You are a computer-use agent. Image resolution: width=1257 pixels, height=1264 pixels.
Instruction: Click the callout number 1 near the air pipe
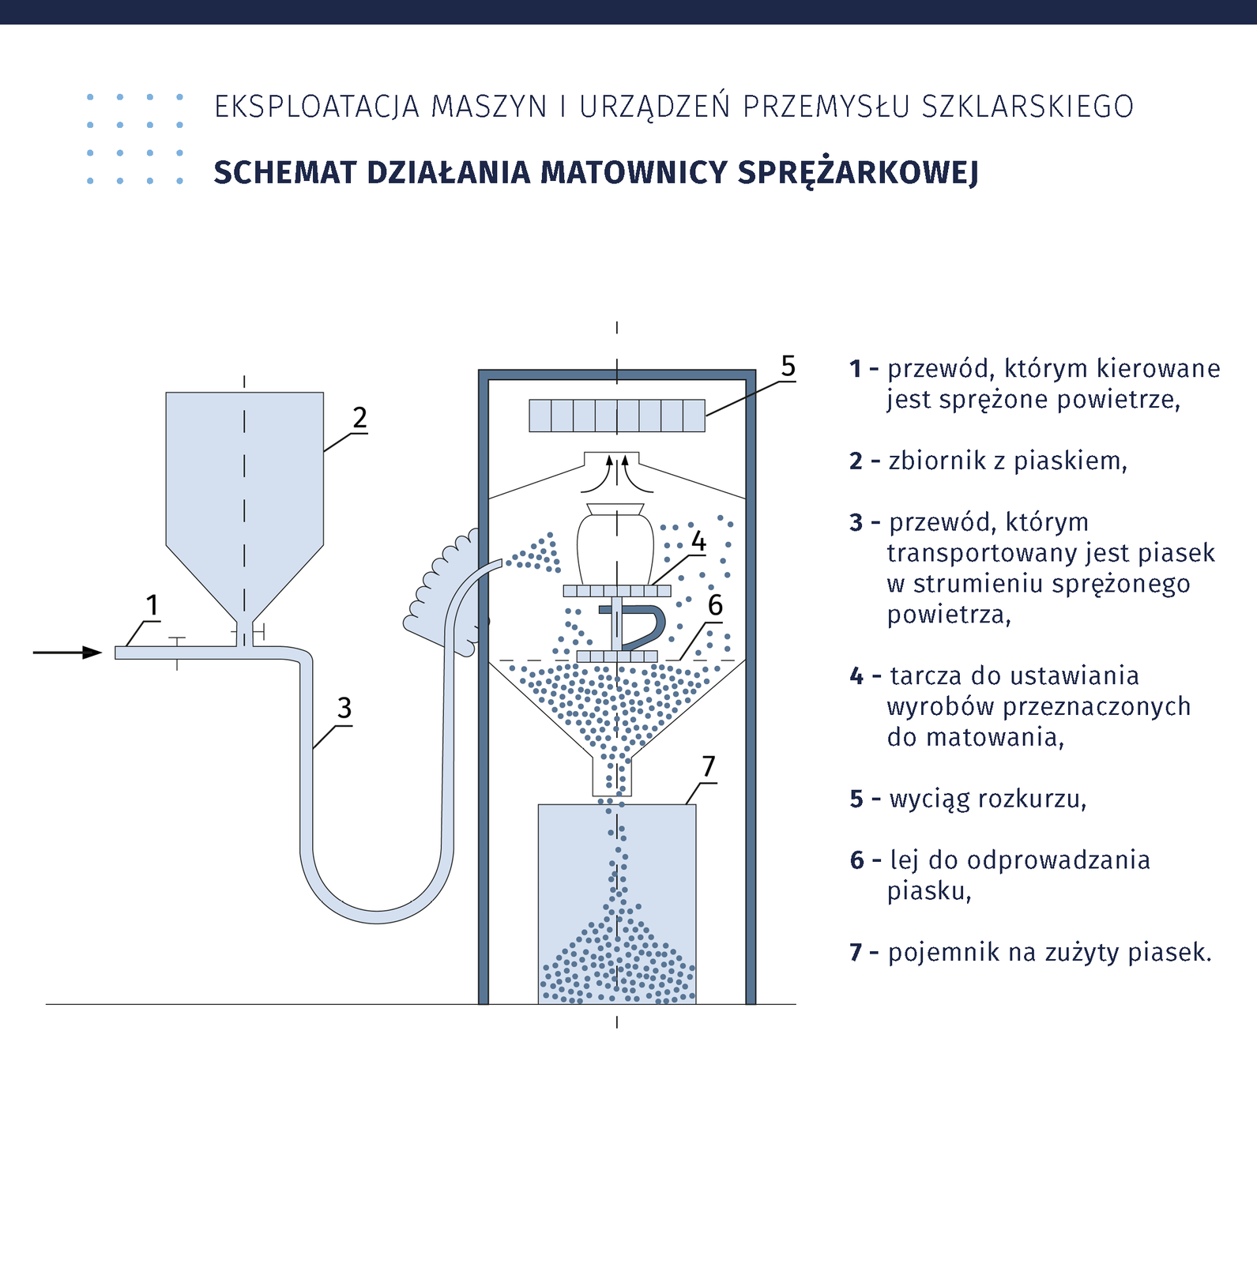point(152,606)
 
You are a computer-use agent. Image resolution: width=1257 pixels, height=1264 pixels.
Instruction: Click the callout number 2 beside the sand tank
point(359,418)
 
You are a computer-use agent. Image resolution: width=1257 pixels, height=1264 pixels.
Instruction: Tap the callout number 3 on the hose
point(344,708)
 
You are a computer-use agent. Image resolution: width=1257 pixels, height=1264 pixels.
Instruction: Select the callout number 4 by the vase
point(698,542)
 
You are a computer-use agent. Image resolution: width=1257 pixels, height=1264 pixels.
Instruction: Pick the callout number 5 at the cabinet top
point(788,366)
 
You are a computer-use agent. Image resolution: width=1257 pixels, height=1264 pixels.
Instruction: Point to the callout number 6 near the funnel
point(715,605)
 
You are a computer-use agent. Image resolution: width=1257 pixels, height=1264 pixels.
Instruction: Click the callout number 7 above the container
point(709,766)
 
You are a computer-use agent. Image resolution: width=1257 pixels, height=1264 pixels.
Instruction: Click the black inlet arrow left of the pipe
point(68,653)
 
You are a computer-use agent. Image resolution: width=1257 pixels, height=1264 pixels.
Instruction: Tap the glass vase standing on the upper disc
point(615,545)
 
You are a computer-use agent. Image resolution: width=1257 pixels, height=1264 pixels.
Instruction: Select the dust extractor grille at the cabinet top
point(616,416)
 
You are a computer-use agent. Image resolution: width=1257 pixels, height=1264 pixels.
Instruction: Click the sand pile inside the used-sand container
point(616,964)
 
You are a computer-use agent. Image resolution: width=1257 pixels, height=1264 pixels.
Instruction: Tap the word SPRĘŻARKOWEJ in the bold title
point(858,172)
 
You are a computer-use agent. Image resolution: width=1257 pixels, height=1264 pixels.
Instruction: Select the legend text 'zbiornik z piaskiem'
point(1007,461)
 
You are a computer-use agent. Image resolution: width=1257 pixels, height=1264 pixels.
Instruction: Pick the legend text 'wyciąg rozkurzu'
point(988,799)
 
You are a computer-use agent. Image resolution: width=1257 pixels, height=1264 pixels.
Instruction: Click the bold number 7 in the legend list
point(856,953)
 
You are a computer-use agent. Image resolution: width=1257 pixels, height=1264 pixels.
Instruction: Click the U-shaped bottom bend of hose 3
point(377,908)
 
